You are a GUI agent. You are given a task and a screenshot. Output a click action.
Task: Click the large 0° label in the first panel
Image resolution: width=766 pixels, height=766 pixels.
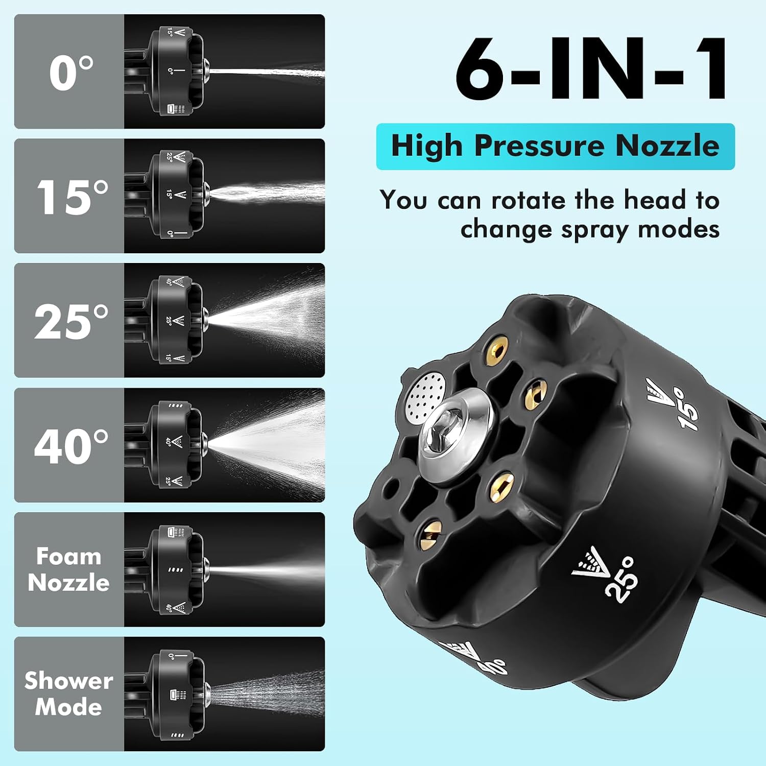click(71, 73)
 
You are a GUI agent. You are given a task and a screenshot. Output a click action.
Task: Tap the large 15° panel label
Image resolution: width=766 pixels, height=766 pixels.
click(73, 197)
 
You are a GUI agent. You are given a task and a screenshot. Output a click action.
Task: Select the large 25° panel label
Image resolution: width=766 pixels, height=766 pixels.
click(71, 322)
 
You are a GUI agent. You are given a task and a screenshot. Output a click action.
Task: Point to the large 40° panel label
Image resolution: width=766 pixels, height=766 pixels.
click(71, 446)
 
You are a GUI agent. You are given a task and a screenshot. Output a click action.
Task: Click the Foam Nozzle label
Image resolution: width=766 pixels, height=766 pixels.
click(69, 569)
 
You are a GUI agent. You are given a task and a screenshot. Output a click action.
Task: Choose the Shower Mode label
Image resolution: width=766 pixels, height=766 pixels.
click(69, 693)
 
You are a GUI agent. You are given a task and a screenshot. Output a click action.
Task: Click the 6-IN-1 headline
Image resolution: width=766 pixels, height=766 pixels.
click(591, 69)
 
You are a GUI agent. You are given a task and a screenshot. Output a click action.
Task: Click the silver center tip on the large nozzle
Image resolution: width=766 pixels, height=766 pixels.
click(453, 428)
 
